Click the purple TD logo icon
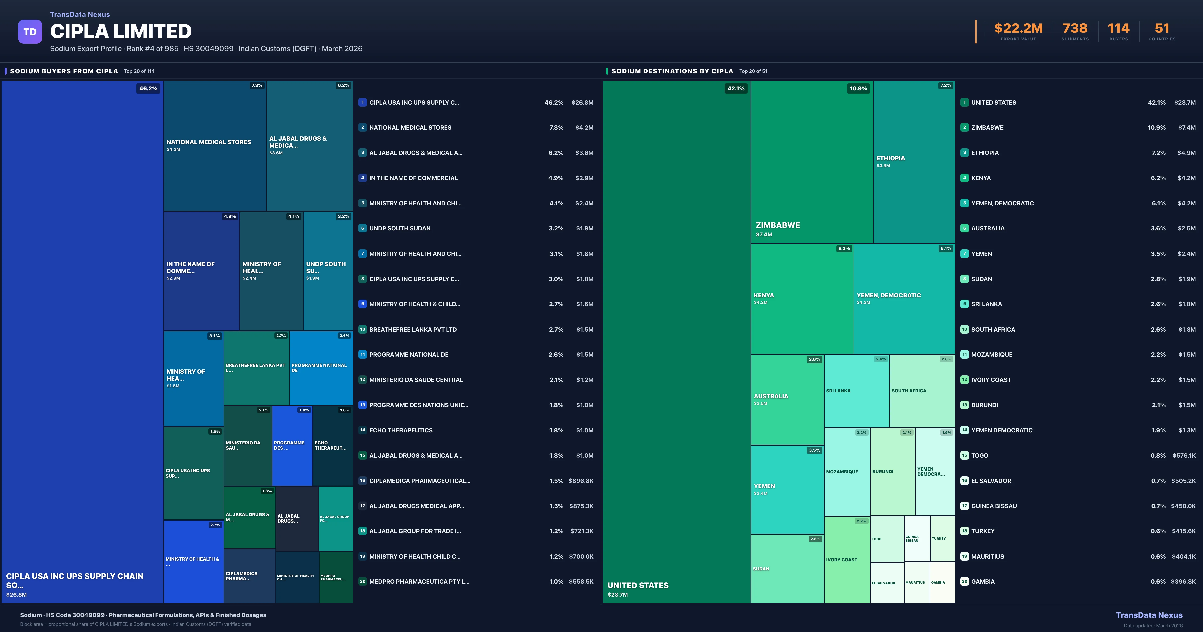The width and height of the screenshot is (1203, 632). point(30,32)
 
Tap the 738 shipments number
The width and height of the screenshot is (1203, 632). point(1075,29)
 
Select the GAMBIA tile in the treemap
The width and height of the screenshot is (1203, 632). point(942,582)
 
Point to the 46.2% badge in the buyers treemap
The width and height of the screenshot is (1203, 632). point(148,88)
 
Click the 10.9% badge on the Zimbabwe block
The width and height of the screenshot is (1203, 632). point(858,88)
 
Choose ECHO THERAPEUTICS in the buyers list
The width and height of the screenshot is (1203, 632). point(401,430)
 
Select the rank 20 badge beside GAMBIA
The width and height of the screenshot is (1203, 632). point(964,582)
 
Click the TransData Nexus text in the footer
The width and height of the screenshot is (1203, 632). point(1149,615)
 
